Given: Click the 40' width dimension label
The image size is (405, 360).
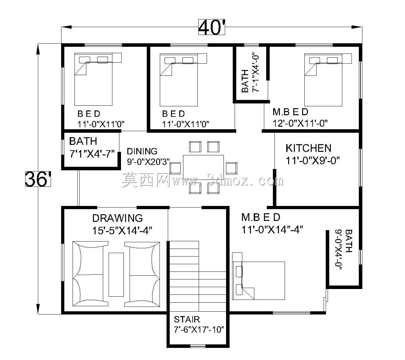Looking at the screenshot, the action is [211, 27].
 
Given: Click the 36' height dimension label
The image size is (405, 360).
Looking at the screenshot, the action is [38, 179].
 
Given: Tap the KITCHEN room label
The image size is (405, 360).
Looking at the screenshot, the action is [309, 148].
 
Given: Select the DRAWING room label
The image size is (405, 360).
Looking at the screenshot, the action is [117, 218].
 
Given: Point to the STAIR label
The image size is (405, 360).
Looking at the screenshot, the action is [187, 320].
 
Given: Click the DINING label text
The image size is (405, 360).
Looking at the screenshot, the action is [142, 151].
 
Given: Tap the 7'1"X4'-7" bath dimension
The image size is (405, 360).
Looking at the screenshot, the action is [92, 154].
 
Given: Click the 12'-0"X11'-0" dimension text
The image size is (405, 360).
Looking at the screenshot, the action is [300, 123].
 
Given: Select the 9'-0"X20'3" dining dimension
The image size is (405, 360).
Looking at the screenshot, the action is [148, 162].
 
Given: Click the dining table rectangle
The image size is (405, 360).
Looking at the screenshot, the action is [203, 167].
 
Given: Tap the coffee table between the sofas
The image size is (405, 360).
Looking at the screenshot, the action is [116, 275].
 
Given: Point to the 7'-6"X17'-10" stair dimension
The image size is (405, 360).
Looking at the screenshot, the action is [199, 330].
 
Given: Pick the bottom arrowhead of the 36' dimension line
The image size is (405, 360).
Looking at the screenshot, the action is [38, 309].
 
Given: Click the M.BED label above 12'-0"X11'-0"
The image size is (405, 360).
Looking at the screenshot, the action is [290, 112].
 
